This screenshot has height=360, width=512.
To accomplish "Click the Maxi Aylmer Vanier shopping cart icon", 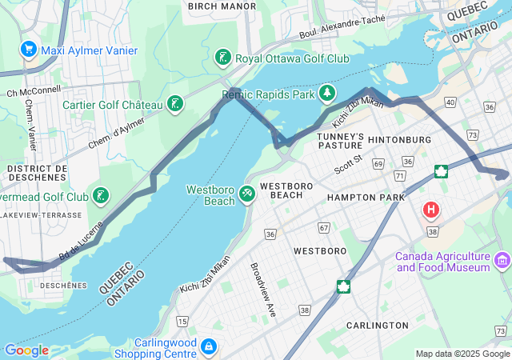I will pyautogui.click(x=30, y=50).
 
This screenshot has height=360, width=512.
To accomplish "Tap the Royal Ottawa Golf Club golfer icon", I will pyautogui.click(x=222, y=58).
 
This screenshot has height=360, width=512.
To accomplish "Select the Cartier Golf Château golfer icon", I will pyautogui.click(x=174, y=103).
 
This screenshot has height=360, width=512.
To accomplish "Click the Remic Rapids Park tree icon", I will pyautogui.click(x=326, y=94).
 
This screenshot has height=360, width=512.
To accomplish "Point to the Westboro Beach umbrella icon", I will pyautogui.click(x=248, y=194).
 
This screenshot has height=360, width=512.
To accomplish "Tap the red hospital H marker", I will pyautogui.click(x=431, y=210).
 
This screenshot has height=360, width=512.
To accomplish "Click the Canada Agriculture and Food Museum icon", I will pyautogui.click(x=502, y=259).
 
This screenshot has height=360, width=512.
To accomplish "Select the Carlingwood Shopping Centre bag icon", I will pyautogui.click(x=208, y=347).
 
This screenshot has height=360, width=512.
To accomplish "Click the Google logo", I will pyautogui.click(x=26, y=350).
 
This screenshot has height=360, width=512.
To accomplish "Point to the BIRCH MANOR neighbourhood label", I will pyautogui.click(x=222, y=6).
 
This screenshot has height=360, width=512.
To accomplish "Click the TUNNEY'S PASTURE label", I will pyautogui.click(x=341, y=141).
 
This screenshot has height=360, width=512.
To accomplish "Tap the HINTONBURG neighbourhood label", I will pyautogui.click(x=399, y=139).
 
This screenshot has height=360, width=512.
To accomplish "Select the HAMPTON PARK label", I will pyautogui.click(x=361, y=197).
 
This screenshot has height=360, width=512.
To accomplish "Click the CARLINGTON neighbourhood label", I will pyautogui.click(x=377, y=326).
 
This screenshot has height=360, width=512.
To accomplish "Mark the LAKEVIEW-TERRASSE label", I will pyautogui.click(x=42, y=215).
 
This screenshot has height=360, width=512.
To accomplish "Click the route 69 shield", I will pyautogui.click(x=378, y=163).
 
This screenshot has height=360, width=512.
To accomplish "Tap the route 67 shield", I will pyautogui.click(x=323, y=228).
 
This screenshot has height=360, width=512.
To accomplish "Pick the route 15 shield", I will pyautogui.click(x=182, y=321).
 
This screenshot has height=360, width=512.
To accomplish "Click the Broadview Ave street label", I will pyautogui.click(x=263, y=289).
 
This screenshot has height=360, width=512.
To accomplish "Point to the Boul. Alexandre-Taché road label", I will pyautogui.click(x=342, y=29).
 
